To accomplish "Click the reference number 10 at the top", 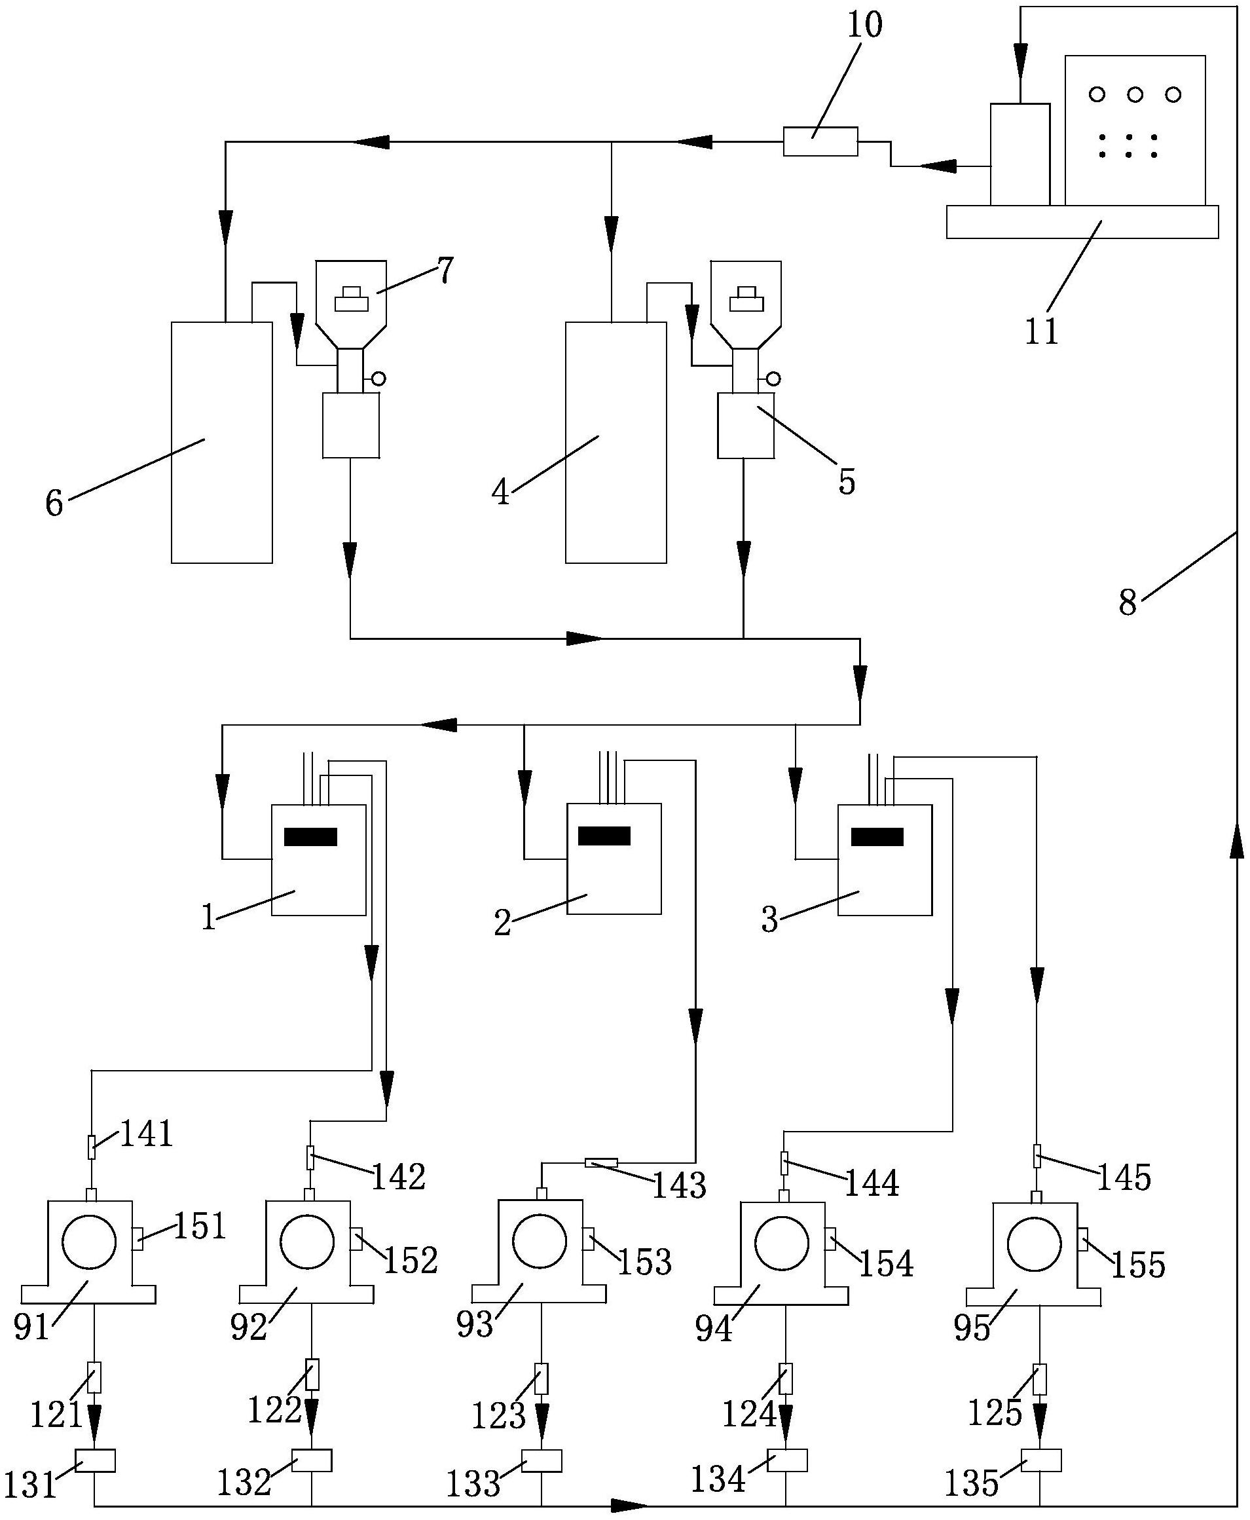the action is coord(863,26).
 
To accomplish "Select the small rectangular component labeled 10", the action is coord(820,141).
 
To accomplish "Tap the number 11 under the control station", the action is coord(1042,331).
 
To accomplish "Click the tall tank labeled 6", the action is coord(222,443).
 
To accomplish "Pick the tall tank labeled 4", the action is coord(616,443).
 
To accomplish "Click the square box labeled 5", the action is coord(746,426).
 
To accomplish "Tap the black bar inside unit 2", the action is coord(604,836).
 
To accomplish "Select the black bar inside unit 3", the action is coord(877,837).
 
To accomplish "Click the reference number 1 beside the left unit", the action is coord(209,918).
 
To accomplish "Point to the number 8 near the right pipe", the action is coord(1128,602).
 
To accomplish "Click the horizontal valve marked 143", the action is coord(601,1163).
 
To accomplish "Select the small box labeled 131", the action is coord(95,1461).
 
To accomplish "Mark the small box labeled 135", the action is coord(1040,1460).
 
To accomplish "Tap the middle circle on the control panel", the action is coord(1135,94).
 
